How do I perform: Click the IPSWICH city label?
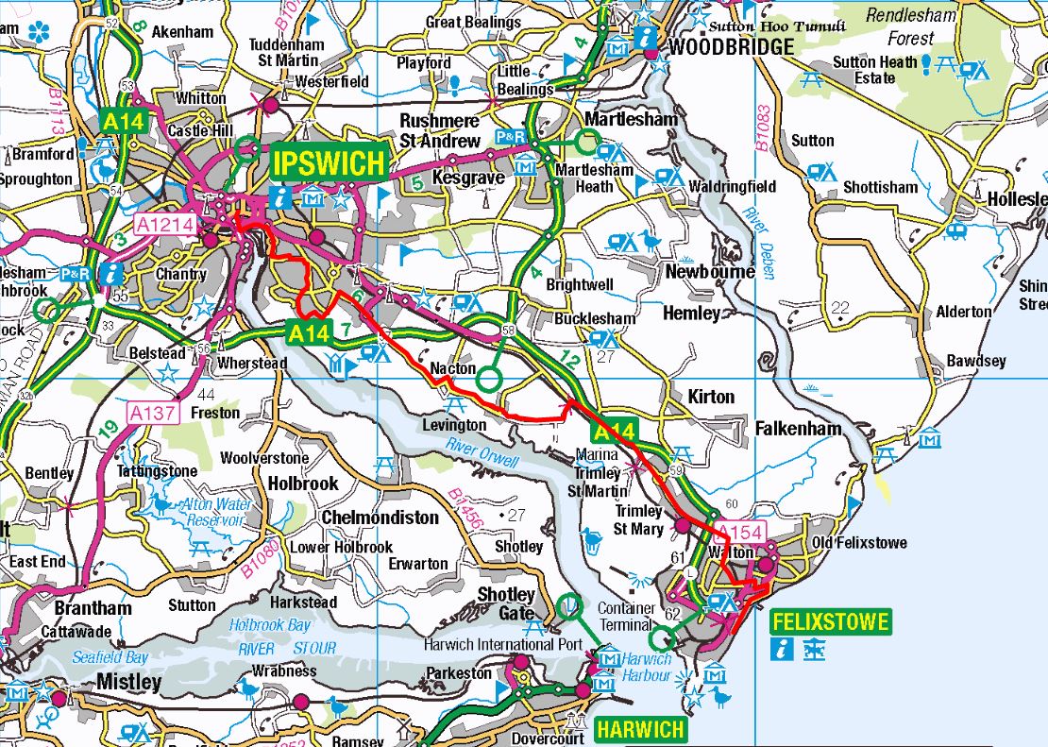click(329, 162)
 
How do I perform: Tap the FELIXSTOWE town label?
click(830, 622)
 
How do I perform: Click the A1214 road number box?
click(165, 225)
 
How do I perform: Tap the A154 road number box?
click(738, 531)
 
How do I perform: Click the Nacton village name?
click(453, 367)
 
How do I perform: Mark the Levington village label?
click(454, 425)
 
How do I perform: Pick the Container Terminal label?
click(625, 617)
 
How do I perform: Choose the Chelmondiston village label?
click(380, 518)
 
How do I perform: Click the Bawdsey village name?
click(976, 361)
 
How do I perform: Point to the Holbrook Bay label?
click(271, 624)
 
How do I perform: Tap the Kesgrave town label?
click(458, 177)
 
